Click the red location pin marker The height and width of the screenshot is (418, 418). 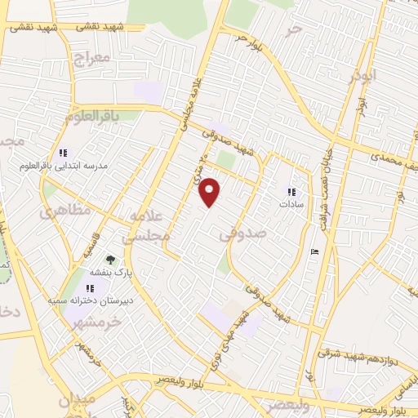[211, 192]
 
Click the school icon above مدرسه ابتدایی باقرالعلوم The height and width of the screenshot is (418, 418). [63, 153]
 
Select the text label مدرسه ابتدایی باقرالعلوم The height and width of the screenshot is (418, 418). [63, 166]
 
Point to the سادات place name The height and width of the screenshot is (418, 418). [291, 205]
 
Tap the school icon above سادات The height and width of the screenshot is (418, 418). [291, 193]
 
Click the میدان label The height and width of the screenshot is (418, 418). [78, 401]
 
